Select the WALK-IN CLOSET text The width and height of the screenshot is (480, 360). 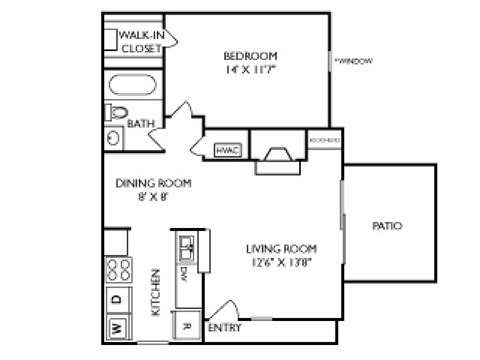point(141,41)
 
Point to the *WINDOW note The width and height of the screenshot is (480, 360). point(354,61)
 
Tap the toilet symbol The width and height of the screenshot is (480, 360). point(116,111)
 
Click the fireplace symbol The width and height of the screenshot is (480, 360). point(275,155)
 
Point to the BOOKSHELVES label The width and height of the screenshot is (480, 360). point(325,140)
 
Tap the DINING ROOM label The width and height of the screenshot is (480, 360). point(153,183)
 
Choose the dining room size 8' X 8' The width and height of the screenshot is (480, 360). point(153,197)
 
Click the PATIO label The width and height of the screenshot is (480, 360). point(387,226)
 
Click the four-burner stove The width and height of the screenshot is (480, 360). point(117,269)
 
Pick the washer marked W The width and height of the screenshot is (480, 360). point(116,327)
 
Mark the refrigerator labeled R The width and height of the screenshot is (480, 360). point(186,323)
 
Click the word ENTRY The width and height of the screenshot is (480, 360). point(224,327)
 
